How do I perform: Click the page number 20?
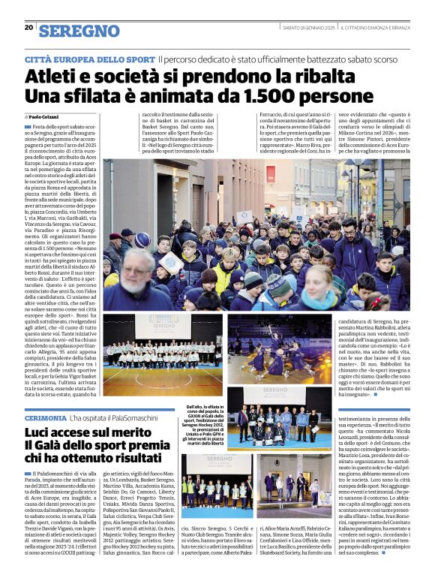[x=28, y=28]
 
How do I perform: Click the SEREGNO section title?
[x=79, y=31]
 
